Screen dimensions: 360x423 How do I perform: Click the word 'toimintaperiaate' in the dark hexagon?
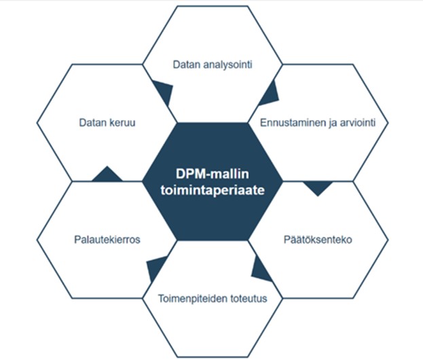[x=211, y=191]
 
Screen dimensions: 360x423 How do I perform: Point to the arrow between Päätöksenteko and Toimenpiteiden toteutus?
[x=260, y=269]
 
